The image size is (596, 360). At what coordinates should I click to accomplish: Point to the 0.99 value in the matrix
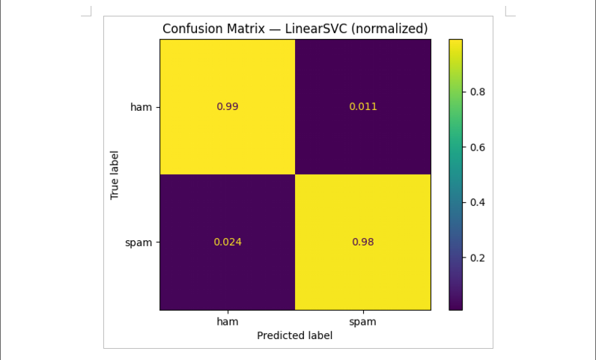pyautogui.click(x=228, y=106)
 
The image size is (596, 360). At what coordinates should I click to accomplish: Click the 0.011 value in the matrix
pyautogui.click(x=363, y=106)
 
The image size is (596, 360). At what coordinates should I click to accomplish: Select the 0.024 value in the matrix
pyautogui.click(x=228, y=242)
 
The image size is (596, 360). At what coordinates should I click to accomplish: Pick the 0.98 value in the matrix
pyautogui.click(x=363, y=242)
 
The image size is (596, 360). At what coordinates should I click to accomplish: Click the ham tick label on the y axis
pyautogui.click(x=141, y=107)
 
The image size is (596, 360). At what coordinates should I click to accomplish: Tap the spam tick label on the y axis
pyautogui.click(x=139, y=242)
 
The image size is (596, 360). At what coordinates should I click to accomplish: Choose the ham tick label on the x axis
pyautogui.click(x=228, y=321)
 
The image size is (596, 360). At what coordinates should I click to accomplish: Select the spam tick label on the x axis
pyautogui.click(x=363, y=321)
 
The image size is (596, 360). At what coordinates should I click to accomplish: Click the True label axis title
pyautogui.click(x=115, y=174)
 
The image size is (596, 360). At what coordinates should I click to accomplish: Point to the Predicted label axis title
pyautogui.click(x=294, y=336)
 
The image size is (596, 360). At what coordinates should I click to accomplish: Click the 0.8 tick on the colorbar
pyautogui.click(x=477, y=92)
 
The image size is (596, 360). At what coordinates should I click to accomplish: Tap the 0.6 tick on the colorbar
pyautogui.click(x=477, y=147)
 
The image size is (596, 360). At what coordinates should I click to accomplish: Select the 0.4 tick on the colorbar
pyautogui.click(x=477, y=202)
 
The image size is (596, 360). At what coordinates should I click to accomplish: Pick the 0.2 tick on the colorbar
pyautogui.click(x=477, y=257)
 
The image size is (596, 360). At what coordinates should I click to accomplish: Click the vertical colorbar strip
pyautogui.click(x=455, y=174)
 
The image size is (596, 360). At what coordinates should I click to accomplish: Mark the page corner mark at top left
pyautogui.click(x=87, y=11)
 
